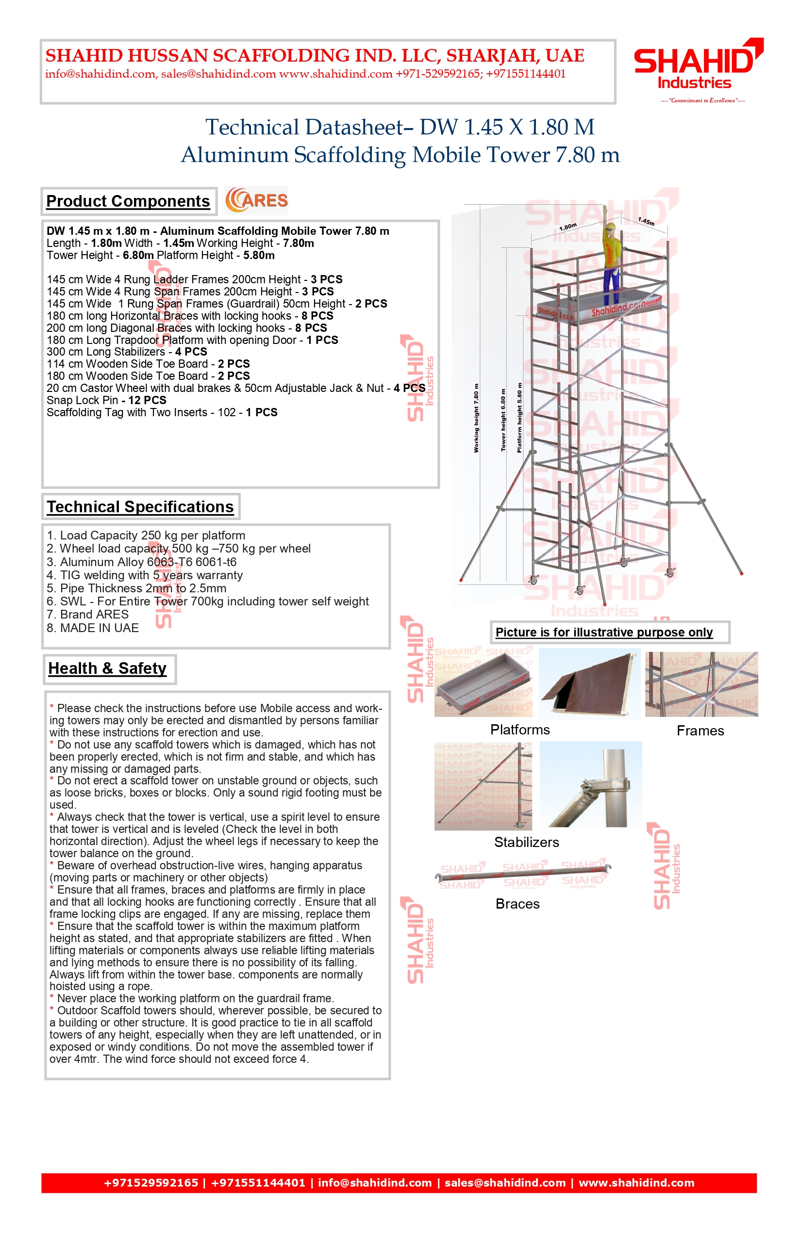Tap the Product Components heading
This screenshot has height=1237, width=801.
pos(128,201)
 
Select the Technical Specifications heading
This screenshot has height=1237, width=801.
pos(140,507)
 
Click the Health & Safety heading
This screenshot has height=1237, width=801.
pos(108,668)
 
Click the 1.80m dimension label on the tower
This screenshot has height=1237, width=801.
pos(567,227)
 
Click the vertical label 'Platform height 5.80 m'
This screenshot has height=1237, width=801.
pos(519,418)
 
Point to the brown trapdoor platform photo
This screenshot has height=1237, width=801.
pos(589,684)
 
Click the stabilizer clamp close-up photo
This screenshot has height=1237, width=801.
pos(591,784)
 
